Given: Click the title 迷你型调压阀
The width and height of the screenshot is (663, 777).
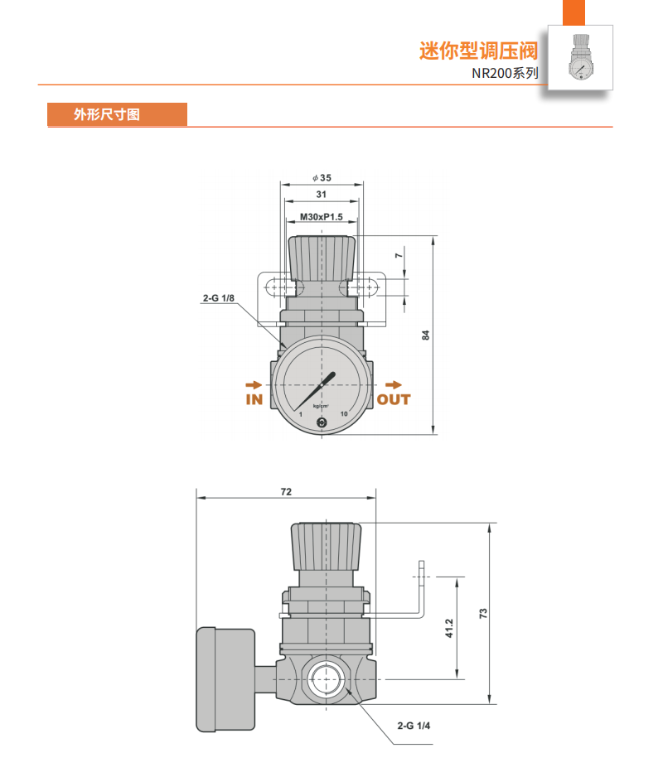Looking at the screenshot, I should [478, 51].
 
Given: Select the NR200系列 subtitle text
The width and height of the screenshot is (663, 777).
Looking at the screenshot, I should [506, 73].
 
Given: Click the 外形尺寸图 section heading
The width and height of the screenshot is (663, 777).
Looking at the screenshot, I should [106, 114].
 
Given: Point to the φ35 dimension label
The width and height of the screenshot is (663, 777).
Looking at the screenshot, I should [322, 177].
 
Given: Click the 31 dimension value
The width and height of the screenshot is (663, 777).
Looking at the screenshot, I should [322, 194].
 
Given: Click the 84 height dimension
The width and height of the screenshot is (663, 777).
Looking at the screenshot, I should [426, 335].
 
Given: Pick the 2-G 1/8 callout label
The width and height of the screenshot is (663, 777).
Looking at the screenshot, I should [217, 297].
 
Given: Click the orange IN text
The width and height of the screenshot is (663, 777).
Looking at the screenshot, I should [254, 399].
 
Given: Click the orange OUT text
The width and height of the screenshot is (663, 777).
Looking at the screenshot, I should [394, 399].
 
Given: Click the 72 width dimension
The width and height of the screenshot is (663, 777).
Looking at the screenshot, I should [286, 491].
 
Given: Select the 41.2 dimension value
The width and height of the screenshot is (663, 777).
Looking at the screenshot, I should [448, 628].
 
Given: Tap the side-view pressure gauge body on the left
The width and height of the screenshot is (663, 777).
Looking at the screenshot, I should [225, 680].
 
